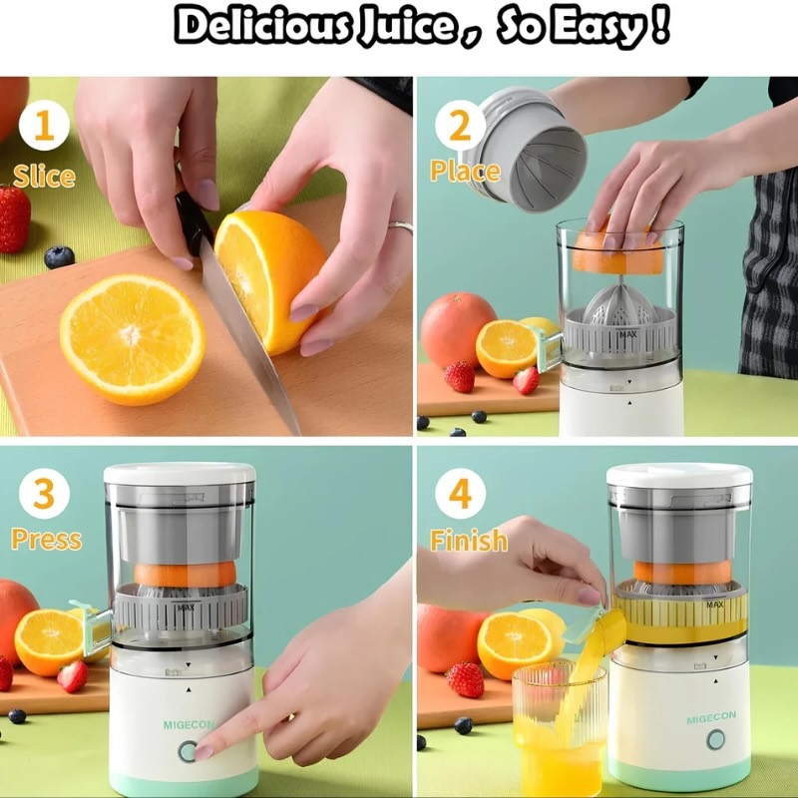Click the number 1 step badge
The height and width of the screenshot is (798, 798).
point(43,127)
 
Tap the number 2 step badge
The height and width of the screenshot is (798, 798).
point(460,127)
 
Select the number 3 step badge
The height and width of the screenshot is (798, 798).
point(43,492)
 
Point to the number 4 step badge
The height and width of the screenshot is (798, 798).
point(460,492)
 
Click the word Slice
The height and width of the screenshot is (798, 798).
point(44,178)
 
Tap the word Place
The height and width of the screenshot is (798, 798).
point(465,172)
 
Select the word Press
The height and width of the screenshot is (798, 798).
point(46,540)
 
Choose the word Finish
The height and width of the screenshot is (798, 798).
point(468,541)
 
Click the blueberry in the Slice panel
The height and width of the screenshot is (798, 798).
point(59,256)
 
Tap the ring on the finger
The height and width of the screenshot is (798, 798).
point(401,227)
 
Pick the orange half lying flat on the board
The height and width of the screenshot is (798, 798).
point(132,338)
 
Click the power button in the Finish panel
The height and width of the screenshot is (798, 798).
point(716,739)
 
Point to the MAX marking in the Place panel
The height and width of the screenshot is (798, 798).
point(627,335)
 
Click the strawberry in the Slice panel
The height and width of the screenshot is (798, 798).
point(14,219)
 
